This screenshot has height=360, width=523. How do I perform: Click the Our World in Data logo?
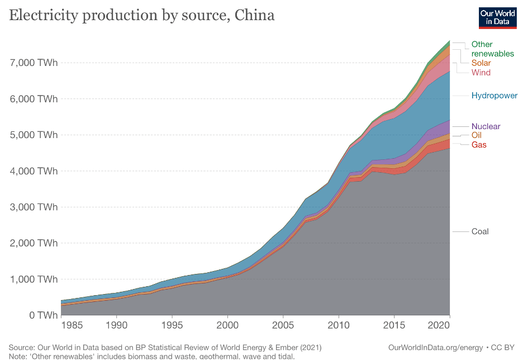pos(497,17)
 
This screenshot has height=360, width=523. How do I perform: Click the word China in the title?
pos(255,15)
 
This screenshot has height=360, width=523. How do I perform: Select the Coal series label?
pos(480,231)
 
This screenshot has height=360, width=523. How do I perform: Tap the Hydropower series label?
pos(494,96)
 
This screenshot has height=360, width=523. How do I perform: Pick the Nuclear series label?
pos(486,126)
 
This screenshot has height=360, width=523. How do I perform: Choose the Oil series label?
pos(476,135)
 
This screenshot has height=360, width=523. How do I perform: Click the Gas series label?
pos(479,145)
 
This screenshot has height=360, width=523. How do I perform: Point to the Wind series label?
pos(481,73)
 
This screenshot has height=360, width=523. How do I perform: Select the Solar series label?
pos(481,63)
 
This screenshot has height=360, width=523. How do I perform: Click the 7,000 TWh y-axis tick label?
pos(34,63)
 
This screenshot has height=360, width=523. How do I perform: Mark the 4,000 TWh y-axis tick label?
pos(34,171)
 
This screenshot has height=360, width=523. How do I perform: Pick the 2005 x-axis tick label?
pos(283,325)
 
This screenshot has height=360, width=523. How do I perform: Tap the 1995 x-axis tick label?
pos(172,325)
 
